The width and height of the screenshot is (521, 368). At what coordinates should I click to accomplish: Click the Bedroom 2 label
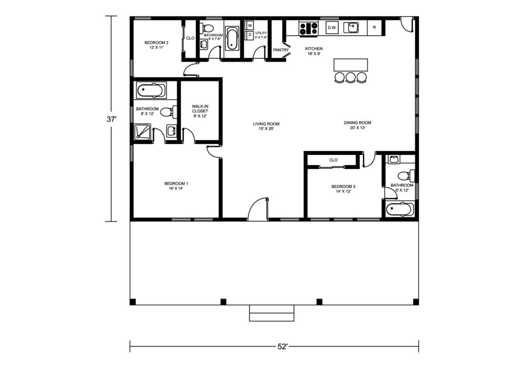pos(156,43)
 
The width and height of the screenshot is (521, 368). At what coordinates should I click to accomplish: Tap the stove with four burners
pos(309,28)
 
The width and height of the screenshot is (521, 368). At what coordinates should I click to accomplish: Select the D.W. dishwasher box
pos(332,28)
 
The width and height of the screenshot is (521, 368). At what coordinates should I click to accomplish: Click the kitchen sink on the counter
pos(351,27)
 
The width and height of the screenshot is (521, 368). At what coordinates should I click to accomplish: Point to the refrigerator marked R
pos(374,27)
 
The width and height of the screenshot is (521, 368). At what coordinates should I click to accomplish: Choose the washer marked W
pos(250,25)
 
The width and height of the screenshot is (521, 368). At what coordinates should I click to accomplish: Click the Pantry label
pos(281,50)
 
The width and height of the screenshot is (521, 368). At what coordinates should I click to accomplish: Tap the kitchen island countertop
pos(351,65)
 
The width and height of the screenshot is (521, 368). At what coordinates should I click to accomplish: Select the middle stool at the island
pos(351,77)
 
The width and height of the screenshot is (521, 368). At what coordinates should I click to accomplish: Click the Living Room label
pos(266,124)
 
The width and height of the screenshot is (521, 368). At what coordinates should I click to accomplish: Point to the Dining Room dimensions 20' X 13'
pos(358,128)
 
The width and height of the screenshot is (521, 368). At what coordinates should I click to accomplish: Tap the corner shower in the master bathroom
pos(142,132)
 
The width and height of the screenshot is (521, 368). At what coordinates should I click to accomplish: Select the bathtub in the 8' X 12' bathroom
pos(151,90)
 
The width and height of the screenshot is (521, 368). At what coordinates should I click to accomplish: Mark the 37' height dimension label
pos(111,119)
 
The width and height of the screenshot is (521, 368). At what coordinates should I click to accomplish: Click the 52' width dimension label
pos(282,347)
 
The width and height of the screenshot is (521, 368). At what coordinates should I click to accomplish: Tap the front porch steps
pos(272,313)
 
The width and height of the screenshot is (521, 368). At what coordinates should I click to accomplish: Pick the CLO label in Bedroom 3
pos(333,160)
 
